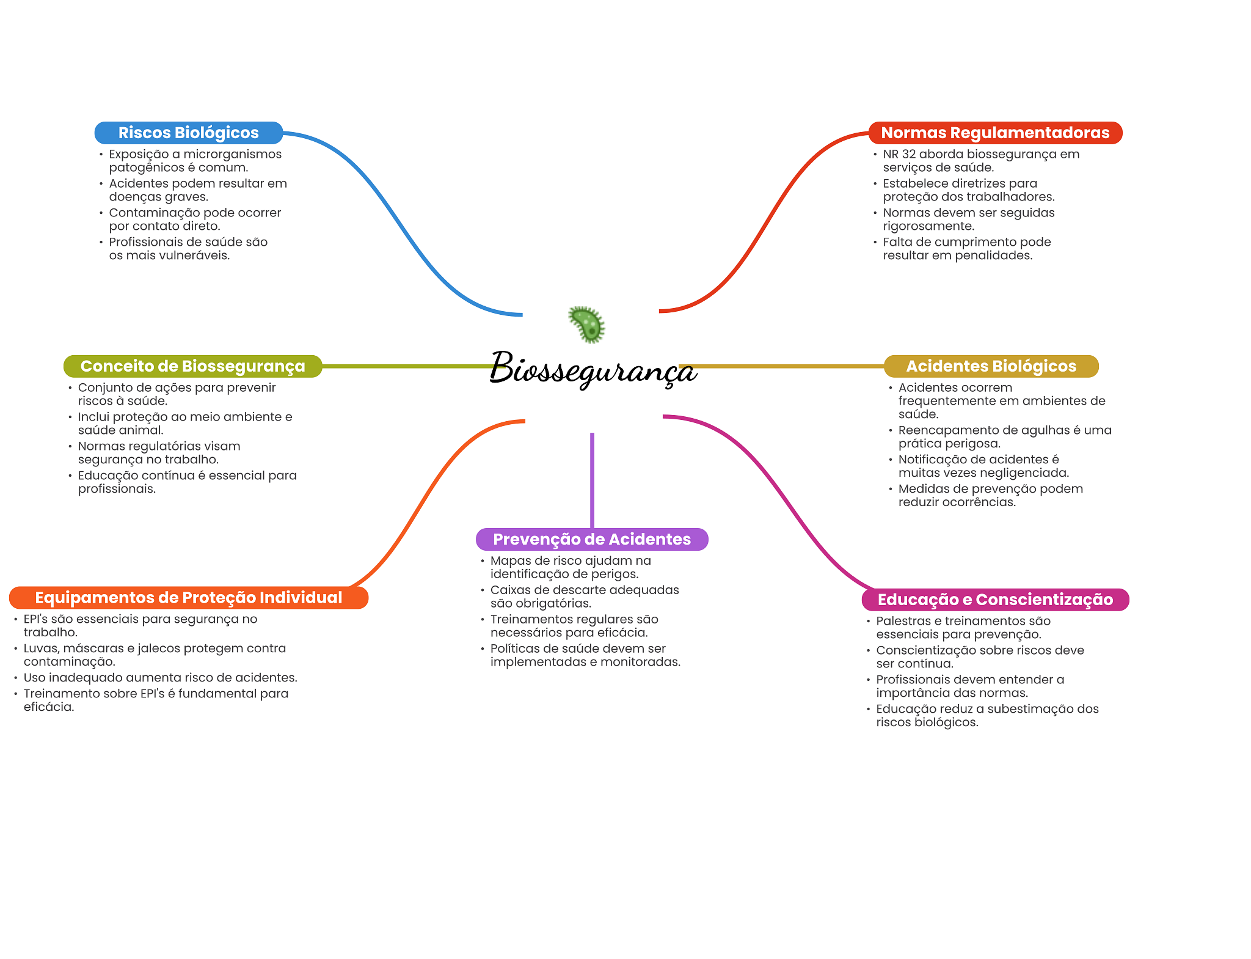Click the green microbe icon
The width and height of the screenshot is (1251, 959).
point(586,324)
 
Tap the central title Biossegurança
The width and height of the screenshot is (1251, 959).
point(593,369)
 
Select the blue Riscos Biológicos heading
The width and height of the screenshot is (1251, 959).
point(189,133)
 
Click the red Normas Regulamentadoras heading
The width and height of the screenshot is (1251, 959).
point(995,133)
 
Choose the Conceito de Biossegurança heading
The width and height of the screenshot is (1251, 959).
point(193,366)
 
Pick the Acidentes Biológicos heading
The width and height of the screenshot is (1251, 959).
point(991,366)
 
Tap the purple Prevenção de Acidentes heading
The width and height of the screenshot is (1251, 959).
point(592,539)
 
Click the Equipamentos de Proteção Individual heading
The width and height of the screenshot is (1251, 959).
point(189,598)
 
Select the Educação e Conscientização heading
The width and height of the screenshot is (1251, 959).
point(995,600)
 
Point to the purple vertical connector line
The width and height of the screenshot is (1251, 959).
point(592,480)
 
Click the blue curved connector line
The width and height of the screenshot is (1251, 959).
point(403,223)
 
